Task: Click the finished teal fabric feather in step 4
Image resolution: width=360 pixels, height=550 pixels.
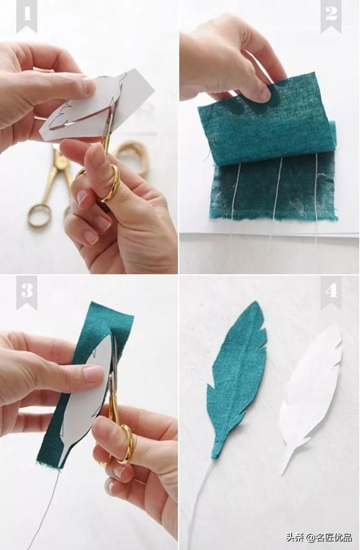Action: coord(236,377)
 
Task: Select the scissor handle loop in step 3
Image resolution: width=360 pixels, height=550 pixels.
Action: coord(125,444)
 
